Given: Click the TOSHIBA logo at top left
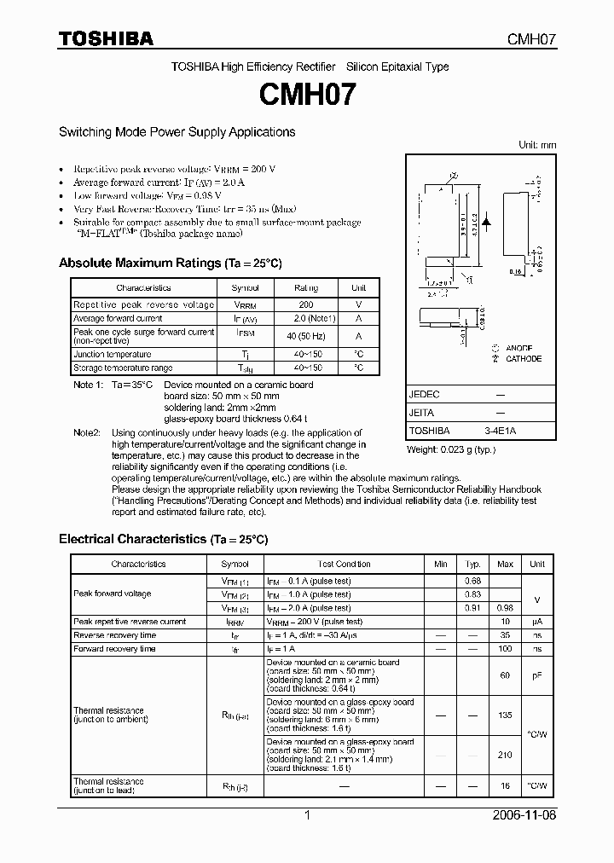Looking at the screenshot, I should [106, 38].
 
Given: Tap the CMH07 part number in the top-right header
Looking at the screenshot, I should [532, 39].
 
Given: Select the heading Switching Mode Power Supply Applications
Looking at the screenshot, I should [177, 132].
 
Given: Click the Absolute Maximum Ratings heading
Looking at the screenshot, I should [170, 263].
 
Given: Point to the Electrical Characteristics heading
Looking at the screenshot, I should [163, 539].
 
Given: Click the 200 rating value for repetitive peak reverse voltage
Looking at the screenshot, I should [305, 304].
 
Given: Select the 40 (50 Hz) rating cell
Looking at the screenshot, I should [305, 336].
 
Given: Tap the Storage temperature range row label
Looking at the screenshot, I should [123, 368].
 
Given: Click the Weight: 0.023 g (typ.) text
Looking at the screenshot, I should [450, 449].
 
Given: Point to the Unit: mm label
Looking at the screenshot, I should [537, 145].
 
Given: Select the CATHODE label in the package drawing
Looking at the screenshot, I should [523, 359].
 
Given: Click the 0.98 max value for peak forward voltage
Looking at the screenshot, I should [505, 608].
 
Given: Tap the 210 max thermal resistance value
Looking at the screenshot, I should [505, 755].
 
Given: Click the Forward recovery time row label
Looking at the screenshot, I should [114, 649].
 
